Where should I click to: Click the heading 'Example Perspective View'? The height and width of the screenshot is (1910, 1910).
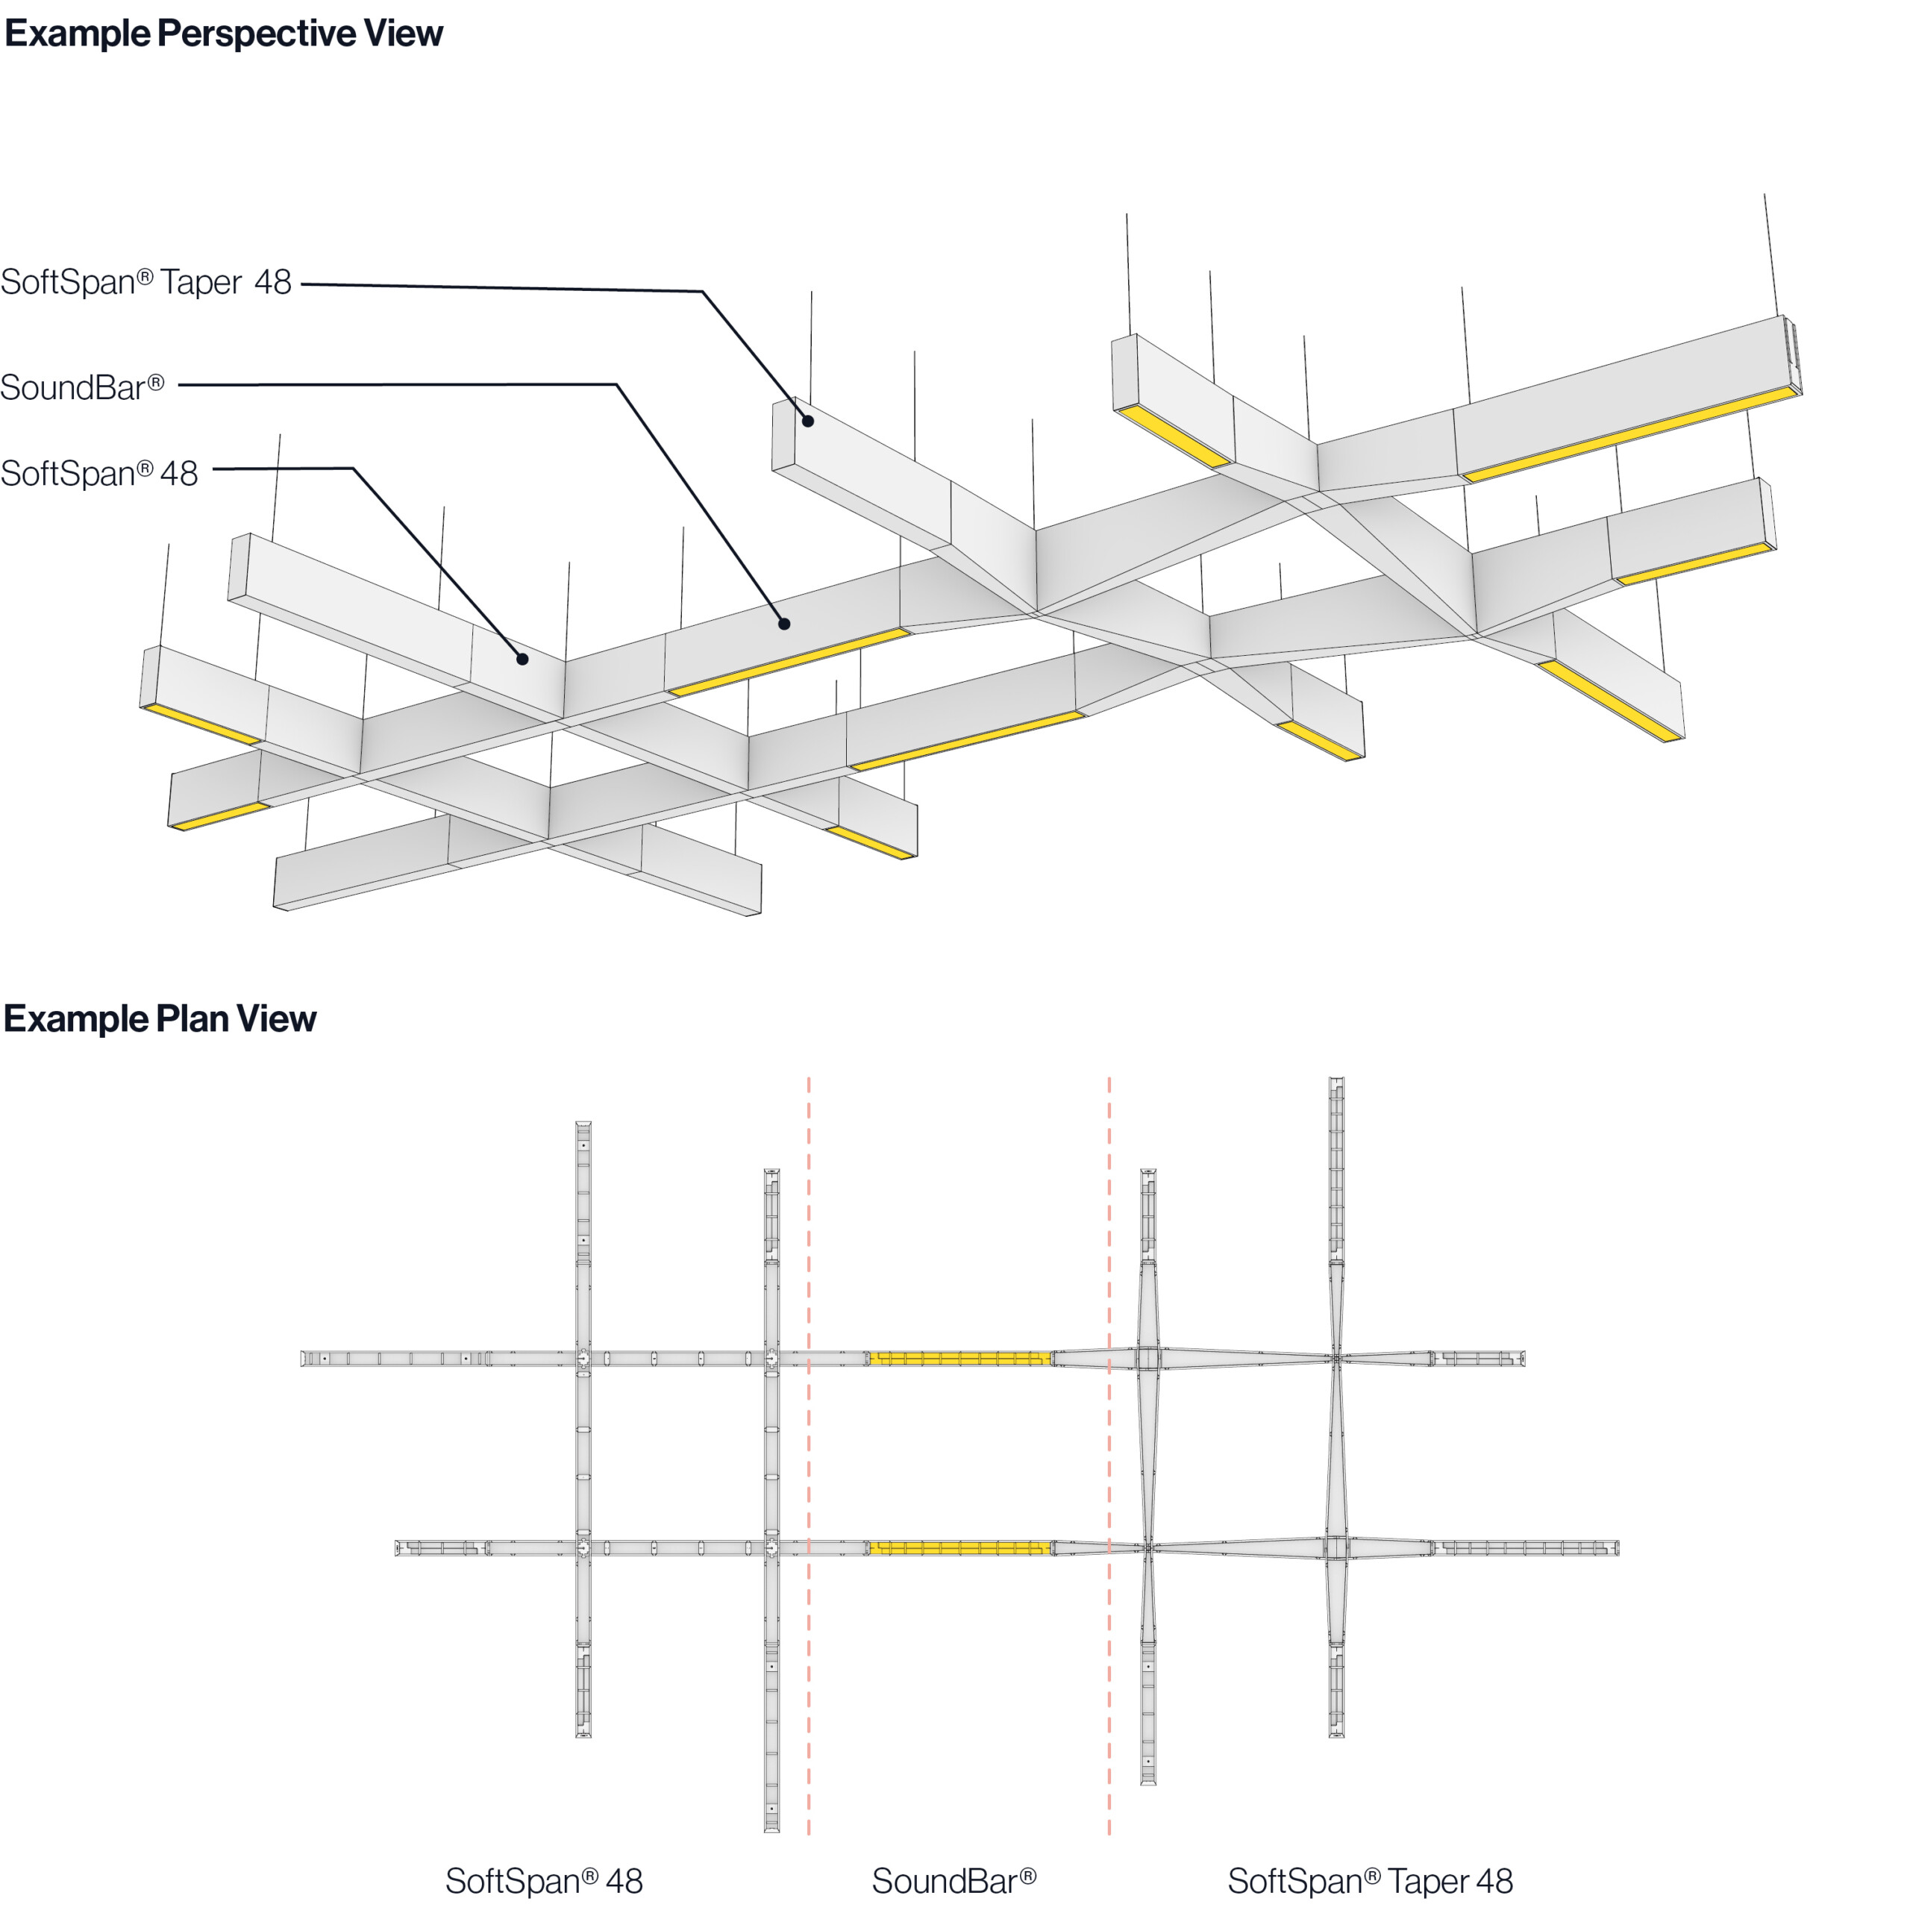[223, 34]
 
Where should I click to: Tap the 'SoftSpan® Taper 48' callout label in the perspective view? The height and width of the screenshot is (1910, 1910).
[146, 283]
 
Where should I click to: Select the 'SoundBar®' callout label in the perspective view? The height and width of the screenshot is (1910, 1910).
[82, 387]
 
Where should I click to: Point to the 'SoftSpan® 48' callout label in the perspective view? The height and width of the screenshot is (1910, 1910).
[99, 474]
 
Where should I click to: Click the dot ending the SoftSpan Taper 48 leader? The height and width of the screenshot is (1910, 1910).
[808, 421]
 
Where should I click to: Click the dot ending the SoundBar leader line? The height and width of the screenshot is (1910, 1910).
[784, 624]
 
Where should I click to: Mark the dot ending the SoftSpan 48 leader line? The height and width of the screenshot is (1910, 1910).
[522, 658]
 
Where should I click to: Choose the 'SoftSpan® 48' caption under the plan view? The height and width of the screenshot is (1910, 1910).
[544, 1880]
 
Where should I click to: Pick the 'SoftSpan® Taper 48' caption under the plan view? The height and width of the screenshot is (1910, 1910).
[1371, 1880]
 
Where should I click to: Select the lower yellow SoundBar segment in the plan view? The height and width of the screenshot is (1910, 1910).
[959, 1548]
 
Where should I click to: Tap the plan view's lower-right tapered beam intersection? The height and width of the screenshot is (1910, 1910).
[1336, 1548]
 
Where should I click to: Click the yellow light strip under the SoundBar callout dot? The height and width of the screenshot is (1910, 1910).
[788, 661]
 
